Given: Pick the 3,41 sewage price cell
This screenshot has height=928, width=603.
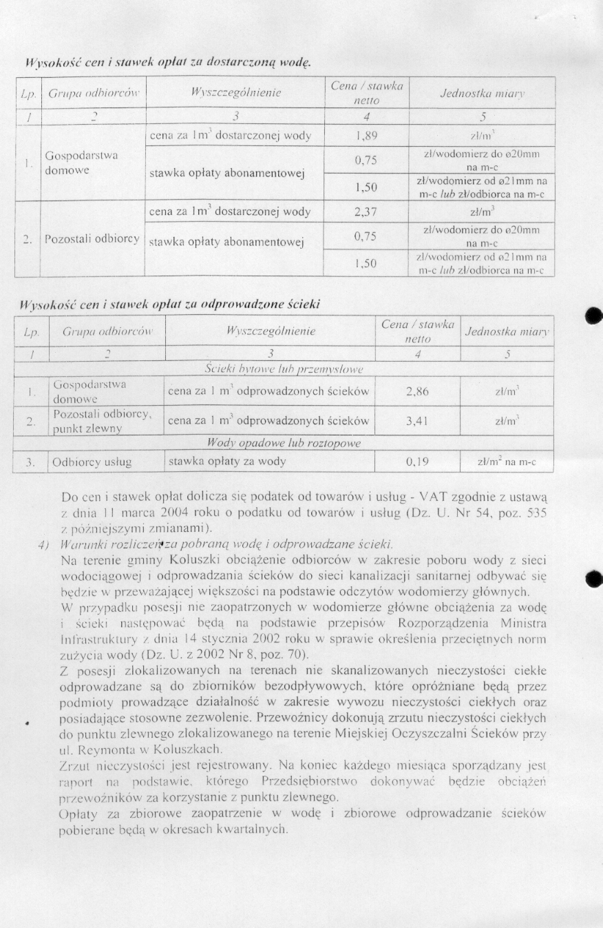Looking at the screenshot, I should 417,421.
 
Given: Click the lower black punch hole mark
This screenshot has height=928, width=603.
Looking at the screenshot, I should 593,578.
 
